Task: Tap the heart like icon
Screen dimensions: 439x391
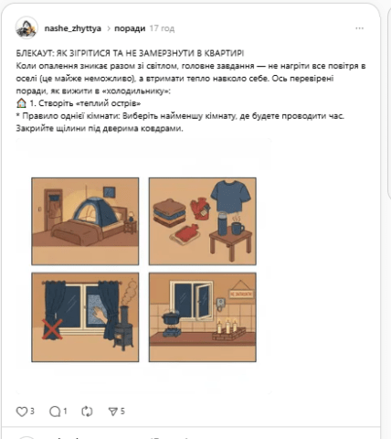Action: coord(22,411)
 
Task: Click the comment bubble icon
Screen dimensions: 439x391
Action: coord(54,411)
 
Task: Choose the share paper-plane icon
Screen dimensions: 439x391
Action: coord(112,411)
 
